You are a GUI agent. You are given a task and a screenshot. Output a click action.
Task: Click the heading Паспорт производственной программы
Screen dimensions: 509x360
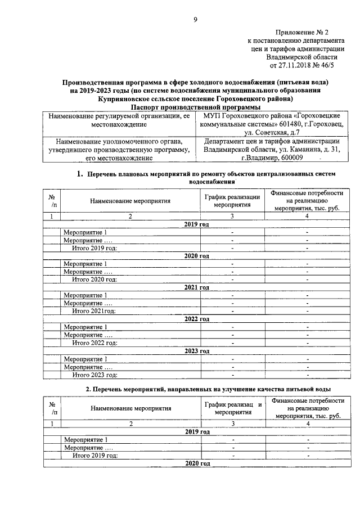[195, 106]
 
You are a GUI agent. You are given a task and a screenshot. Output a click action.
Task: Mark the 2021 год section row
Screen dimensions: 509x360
[196, 287]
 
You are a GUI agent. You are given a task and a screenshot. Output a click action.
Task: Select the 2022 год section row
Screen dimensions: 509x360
[196, 319]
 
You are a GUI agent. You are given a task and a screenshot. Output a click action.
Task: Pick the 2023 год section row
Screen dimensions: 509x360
[196, 351]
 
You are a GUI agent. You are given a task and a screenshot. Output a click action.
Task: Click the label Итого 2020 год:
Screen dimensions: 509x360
[94, 279]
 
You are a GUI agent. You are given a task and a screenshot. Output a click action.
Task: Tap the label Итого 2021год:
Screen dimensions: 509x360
[93, 311]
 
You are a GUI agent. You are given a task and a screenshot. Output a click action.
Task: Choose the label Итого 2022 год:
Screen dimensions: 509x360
[94, 343]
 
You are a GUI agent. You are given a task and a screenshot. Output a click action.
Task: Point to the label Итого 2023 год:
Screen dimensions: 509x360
[94, 375]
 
